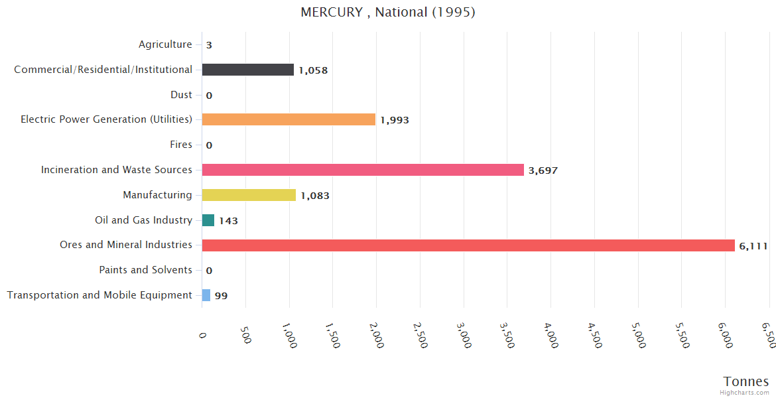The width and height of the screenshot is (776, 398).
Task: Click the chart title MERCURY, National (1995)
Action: click(388, 12)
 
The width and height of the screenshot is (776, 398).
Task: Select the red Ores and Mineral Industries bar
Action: click(468, 245)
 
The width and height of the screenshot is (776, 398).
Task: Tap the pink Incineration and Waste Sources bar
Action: click(363, 170)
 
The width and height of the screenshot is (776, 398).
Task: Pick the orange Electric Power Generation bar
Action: click(289, 119)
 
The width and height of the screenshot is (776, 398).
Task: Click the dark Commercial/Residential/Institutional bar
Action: click(247, 70)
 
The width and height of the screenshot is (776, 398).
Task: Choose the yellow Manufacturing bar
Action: click(249, 195)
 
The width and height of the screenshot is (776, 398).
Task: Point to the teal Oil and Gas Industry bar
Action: click(208, 220)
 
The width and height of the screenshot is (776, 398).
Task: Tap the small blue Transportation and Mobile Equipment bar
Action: click(206, 295)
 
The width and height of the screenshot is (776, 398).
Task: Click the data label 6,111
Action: click(753, 246)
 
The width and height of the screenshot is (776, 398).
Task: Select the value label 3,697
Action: click(543, 170)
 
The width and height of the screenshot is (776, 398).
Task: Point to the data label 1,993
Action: click(395, 120)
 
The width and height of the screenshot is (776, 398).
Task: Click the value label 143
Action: click(228, 221)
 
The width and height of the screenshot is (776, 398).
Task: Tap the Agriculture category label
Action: click(165, 44)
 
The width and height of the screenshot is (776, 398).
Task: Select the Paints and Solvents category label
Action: click(145, 270)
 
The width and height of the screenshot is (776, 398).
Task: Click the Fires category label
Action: click(181, 145)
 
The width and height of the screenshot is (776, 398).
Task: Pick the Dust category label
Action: click(181, 95)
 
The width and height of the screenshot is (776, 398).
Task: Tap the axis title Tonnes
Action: click(746, 381)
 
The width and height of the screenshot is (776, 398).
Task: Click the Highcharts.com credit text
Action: click(745, 392)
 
